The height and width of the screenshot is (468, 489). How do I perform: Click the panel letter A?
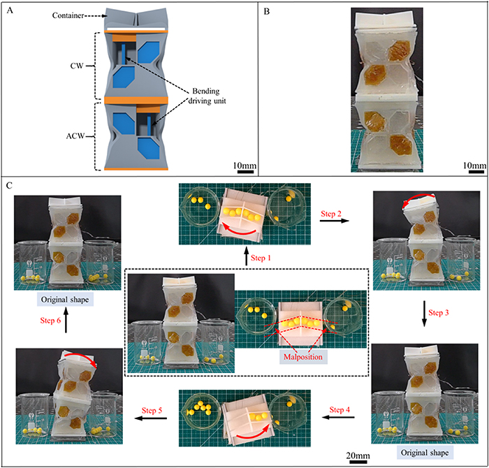pos(8,9)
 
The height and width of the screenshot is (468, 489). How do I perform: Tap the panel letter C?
pos(8,185)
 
